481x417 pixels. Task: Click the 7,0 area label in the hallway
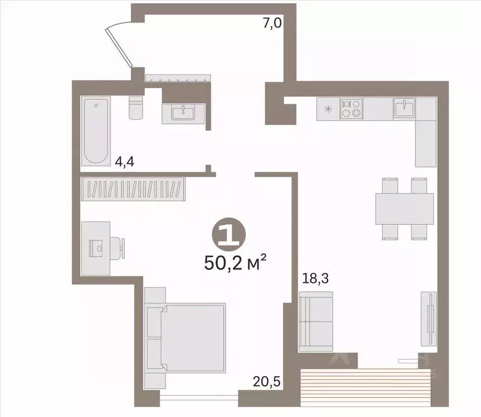click(x=272, y=23)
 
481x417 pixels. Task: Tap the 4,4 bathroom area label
click(x=124, y=161)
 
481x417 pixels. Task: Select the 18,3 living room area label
click(x=316, y=279)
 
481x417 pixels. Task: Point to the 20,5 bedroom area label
click(x=267, y=382)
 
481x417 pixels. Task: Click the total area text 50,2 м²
click(x=235, y=263)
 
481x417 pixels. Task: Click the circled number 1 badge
click(x=228, y=235)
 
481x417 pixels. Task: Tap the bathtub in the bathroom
click(x=95, y=131)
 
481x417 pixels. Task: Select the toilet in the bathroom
click(x=136, y=108)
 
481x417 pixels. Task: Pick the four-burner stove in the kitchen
click(x=351, y=109)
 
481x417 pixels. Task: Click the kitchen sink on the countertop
click(x=405, y=108)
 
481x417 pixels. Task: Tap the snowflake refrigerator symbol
click(x=328, y=109)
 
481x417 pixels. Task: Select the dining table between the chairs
click(x=405, y=209)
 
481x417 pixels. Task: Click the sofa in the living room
click(x=316, y=321)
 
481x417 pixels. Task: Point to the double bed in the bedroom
click(x=185, y=338)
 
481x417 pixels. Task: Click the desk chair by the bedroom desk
click(x=117, y=248)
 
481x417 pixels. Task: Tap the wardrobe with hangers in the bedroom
click(x=133, y=189)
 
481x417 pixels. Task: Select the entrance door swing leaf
click(x=118, y=47)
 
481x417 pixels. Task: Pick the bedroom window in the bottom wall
click(x=199, y=398)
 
